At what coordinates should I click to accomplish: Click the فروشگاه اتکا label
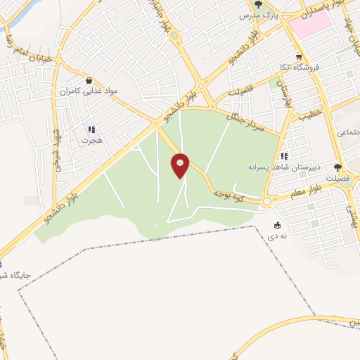(300, 67)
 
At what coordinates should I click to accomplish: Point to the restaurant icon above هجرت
(91, 129)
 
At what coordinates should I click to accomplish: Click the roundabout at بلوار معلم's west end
(266, 202)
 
